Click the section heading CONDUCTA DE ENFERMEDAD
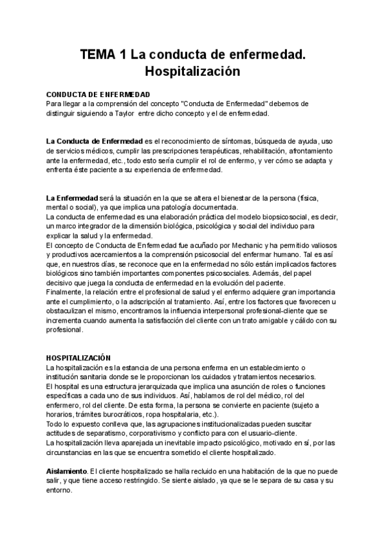tap(98, 94)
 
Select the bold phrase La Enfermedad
tap(71, 197)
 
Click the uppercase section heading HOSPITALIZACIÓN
tap(78, 357)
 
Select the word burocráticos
tap(117, 415)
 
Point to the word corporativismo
tap(153, 434)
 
